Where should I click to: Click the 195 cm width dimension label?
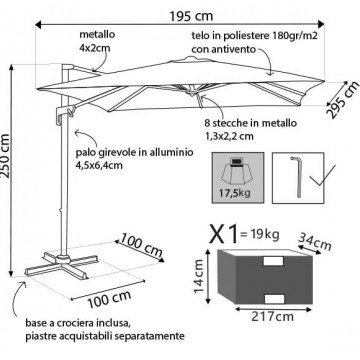pyautogui.click(x=191, y=16)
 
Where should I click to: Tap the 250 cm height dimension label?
pyautogui.click(x=6, y=156)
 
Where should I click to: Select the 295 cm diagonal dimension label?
pyautogui.click(x=342, y=99)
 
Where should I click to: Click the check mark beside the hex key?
pyautogui.click(x=321, y=176)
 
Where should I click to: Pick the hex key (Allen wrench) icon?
pyautogui.click(x=297, y=177)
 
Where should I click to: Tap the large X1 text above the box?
pyautogui.click(x=224, y=233)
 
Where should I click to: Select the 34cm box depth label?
pyautogui.click(x=314, y=242)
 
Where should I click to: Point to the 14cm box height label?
pyautogui.click(x=199, y=276)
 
